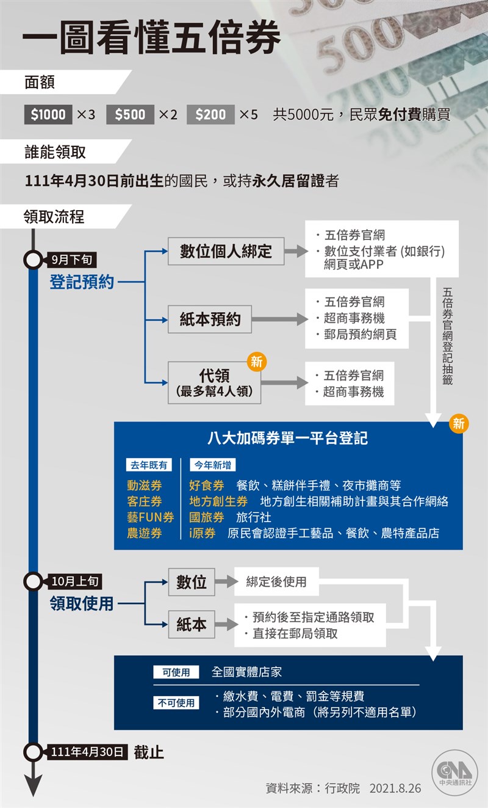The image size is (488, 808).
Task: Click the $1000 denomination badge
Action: [48, 115]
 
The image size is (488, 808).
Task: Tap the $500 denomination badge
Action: [130, 115]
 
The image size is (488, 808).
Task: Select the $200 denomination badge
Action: [210, 115]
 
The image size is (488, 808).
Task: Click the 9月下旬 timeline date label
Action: [72, 260]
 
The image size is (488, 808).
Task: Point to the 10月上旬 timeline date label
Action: [74, 581]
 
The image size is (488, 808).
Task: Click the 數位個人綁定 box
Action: [226, 251]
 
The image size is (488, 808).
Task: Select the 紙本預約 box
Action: [210, 319]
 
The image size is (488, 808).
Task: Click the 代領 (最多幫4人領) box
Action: [215, 383]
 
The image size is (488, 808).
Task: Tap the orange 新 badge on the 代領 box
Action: [257, 362]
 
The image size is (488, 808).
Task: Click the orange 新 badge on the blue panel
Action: [459, 423]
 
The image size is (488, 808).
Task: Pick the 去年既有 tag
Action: [149, 465]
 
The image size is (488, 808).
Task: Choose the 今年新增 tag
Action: [213, 465]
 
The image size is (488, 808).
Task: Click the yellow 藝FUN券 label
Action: [150, 517]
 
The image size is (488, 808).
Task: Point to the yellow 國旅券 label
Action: [207, 517]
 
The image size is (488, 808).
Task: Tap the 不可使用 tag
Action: [176, 703]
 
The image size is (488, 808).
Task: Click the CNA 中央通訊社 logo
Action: [455, 772]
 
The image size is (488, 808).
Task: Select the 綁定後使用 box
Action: [276, 581]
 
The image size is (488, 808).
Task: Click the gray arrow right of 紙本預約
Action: [280, 319]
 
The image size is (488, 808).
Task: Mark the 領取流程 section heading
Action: [54, 217]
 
